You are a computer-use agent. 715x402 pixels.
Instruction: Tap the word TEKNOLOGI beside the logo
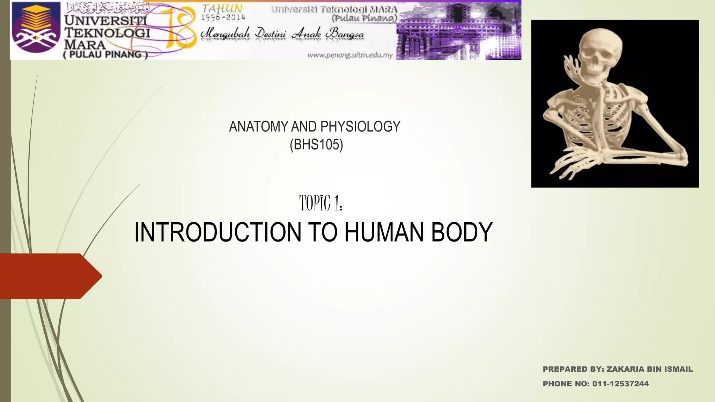tap(108, 33)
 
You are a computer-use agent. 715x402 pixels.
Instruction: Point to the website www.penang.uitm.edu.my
tap(350, 55)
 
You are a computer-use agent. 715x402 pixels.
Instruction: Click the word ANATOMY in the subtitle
tap(259, 126)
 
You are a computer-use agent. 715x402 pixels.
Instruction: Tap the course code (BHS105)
tap(316, 144)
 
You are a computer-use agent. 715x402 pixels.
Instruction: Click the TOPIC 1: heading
tap(320, 203)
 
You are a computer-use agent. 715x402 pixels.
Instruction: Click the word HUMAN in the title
tap(384, 232)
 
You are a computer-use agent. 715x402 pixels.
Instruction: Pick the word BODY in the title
tap(462, 232)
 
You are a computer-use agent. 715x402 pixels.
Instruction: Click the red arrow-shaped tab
tap(49, 276)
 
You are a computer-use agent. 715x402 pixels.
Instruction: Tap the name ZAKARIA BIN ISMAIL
tap(649, 369)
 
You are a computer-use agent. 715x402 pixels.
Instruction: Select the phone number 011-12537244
tap(620, 384)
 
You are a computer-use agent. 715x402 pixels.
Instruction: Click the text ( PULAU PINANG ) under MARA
tap(105, 54)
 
